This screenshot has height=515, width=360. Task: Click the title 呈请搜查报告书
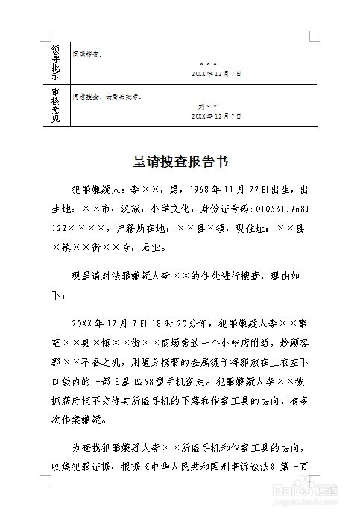179,161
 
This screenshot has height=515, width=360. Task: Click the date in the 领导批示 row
216,75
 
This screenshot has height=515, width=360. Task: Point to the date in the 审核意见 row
216,116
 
